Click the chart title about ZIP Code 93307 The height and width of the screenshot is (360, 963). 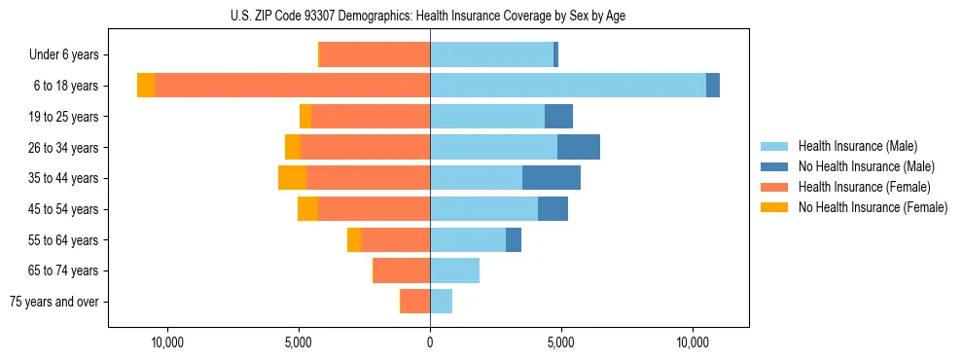428,16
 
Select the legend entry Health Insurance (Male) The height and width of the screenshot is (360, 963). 857,146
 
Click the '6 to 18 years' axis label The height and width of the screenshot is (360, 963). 66,86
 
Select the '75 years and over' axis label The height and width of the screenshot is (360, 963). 54,302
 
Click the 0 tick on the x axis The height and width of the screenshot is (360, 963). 430,342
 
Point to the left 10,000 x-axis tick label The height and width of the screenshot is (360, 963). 167,342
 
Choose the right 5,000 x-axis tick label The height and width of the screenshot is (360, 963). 561,342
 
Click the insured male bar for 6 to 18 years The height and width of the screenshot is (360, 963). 568,86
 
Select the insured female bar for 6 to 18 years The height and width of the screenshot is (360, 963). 292,86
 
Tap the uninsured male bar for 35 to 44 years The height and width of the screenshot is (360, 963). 552,178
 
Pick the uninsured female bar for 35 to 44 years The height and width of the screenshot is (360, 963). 292,178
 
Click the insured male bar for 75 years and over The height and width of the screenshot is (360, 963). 441,302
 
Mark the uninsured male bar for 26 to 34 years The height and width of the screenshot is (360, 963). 579,147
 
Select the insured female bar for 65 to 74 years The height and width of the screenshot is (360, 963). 402,270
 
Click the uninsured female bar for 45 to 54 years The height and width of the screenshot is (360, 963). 307,209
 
